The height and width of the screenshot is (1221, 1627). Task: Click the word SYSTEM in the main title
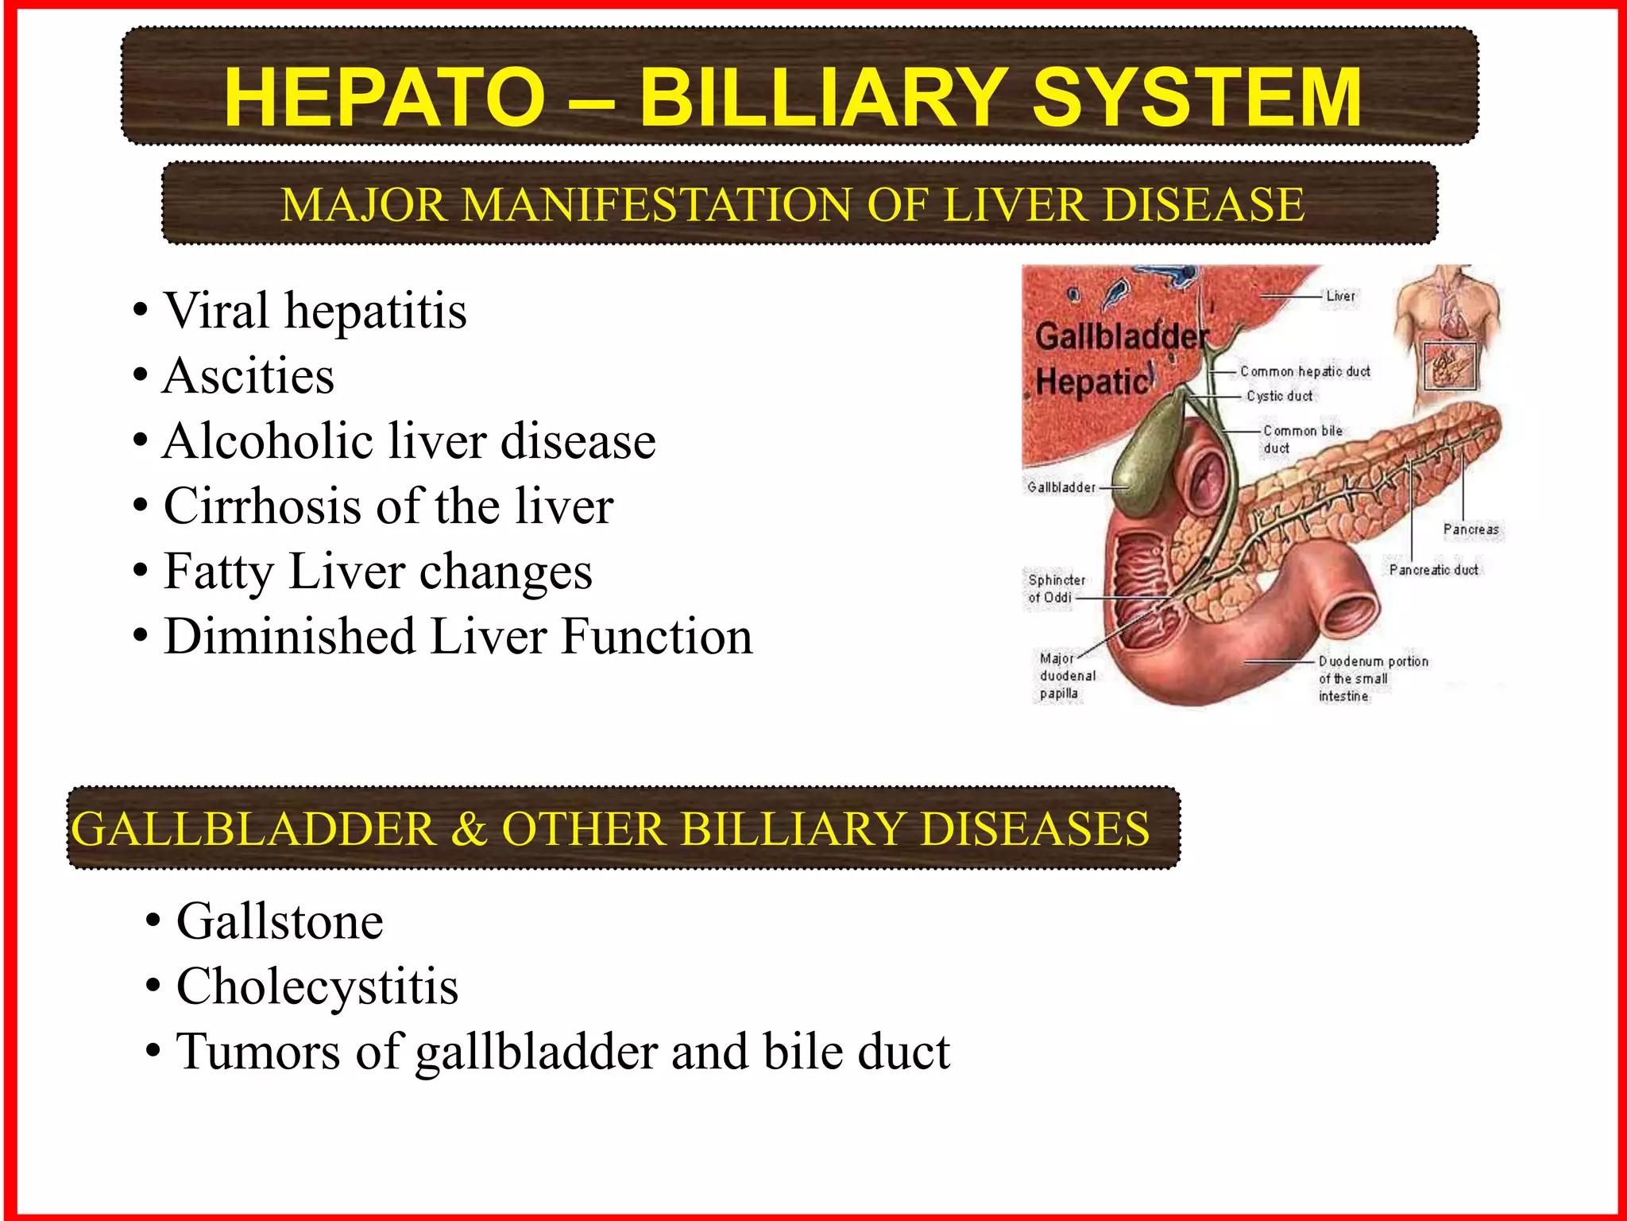pyautogui.click(x=1196, y=97)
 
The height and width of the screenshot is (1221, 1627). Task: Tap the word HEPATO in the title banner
pyautogui.click(x=385, y=97)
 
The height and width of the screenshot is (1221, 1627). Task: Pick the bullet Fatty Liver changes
pyautogui.click(x=377, y=572)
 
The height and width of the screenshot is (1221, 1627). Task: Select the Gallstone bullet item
pyautogui.click(x=280, y=921)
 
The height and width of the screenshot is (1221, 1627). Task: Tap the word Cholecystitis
pyautogui.click(x=317, y=986)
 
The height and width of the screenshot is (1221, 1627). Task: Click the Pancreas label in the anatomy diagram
pyautogui.click(x=1470, y=529)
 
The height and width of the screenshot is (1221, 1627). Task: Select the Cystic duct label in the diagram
pyautogui.click(x=1279, y=396)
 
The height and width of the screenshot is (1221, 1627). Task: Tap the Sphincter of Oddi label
pyautogui.click(x=1055, y=589)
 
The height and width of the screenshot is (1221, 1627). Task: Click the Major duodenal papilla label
pyautogui.click(x=1066, y=676)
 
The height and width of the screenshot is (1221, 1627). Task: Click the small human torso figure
pyautogui.click(x=1447, y=334)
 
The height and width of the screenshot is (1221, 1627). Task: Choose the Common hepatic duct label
pyautogui.click(x=1304, y=371)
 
